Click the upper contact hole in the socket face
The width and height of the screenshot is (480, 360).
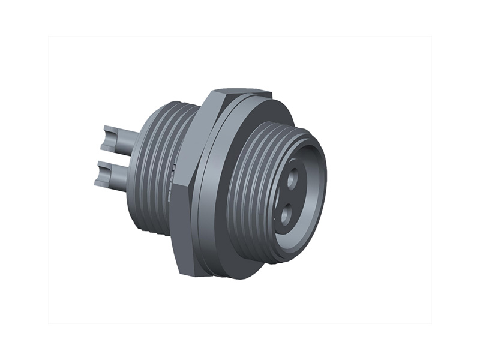293,178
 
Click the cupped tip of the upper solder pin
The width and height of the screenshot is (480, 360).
106,139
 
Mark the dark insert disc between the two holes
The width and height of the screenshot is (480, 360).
289,195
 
